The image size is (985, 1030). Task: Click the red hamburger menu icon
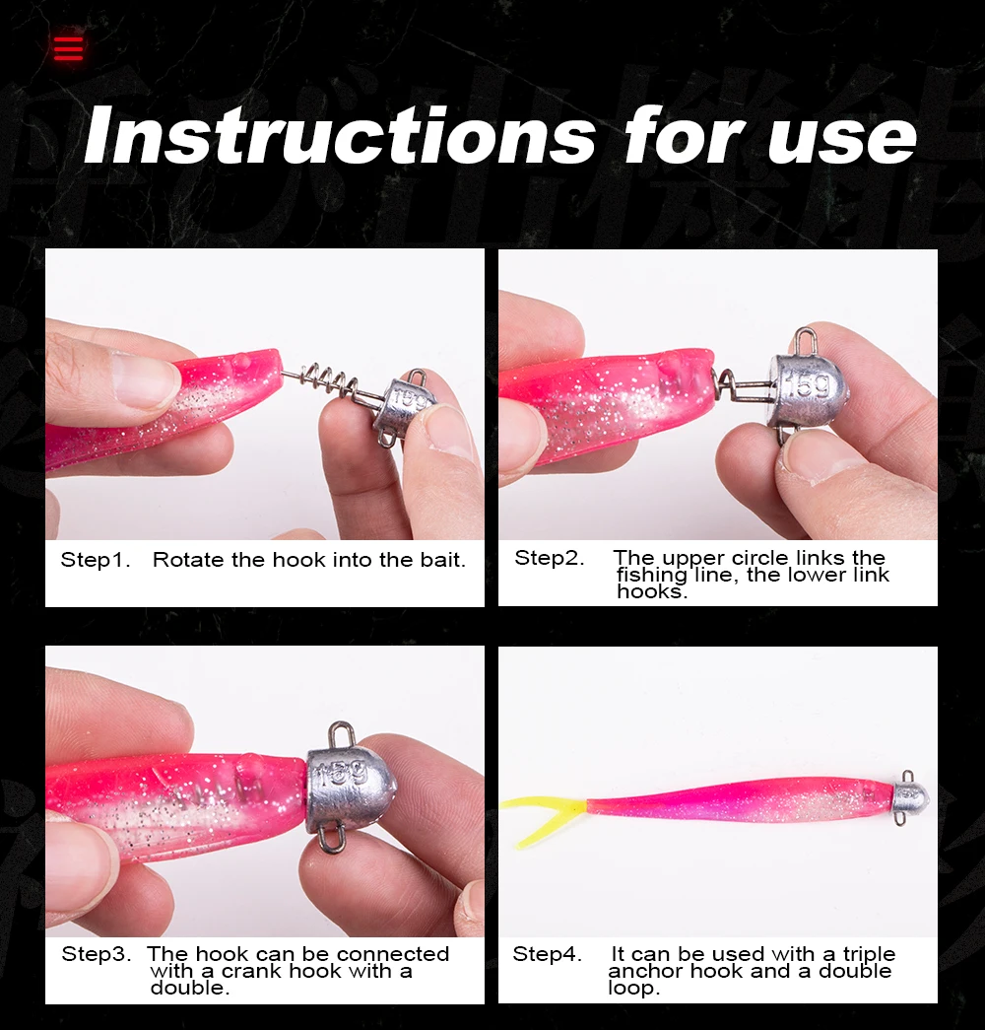(68, 48)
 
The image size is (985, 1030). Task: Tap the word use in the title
(842, 139)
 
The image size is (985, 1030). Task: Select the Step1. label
(96, 560)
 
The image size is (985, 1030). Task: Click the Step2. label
(549, 558)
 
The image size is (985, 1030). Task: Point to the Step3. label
(97, 954)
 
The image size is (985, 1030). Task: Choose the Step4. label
(547, 954)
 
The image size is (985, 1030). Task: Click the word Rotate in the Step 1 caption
(188, 560)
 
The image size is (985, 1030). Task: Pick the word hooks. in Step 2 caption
(652, 591)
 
